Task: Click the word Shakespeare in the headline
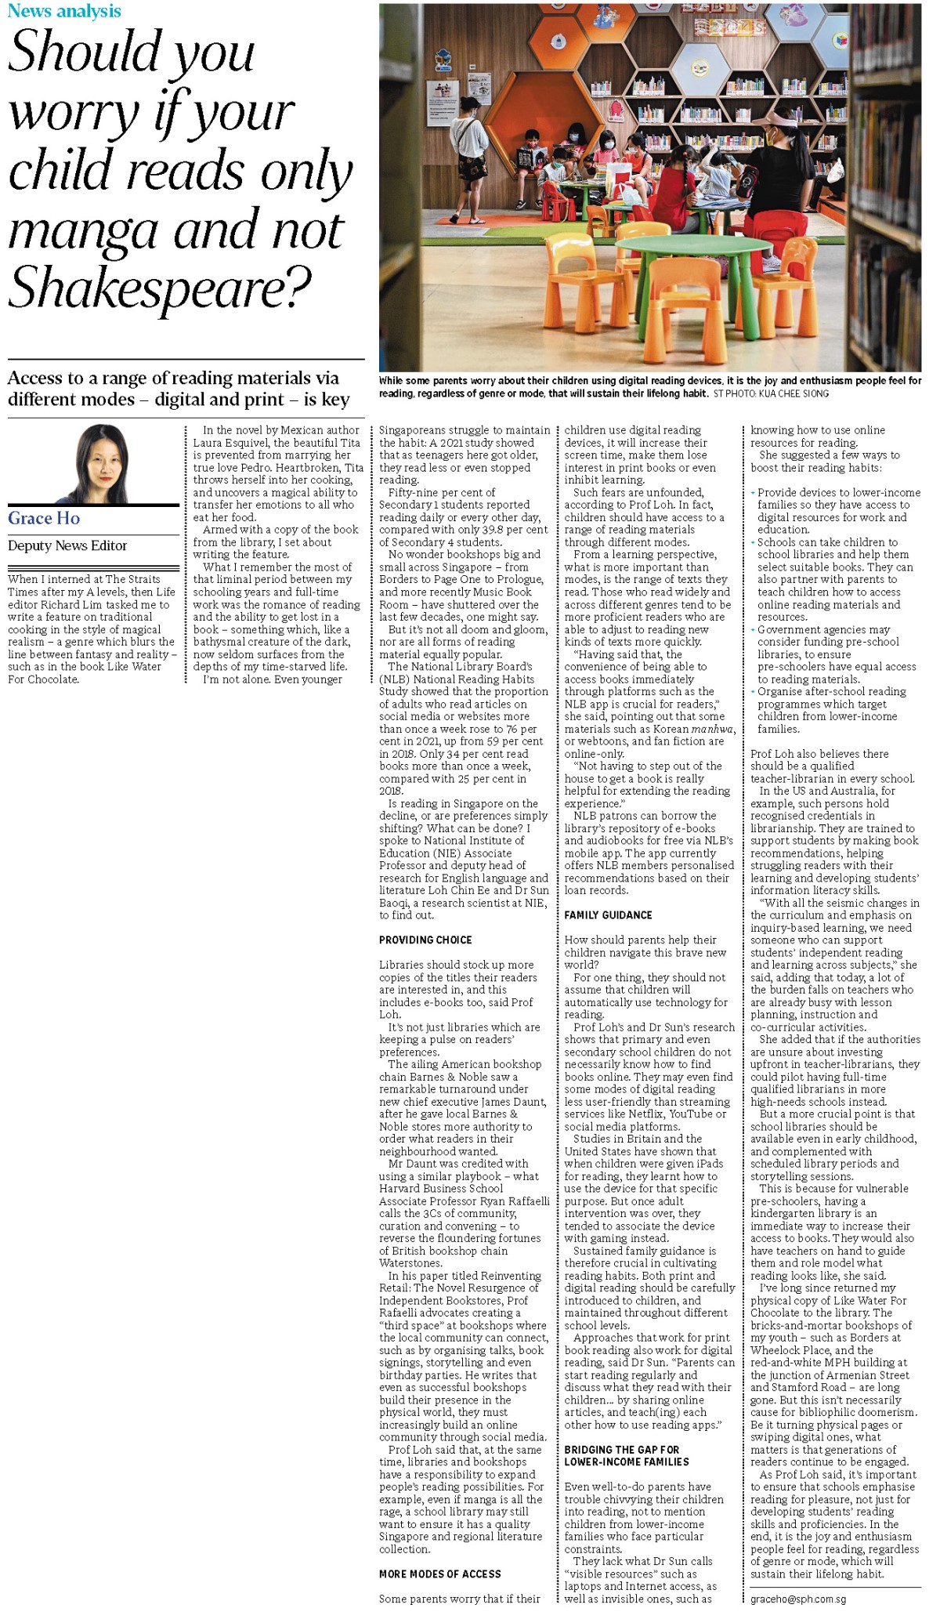[x=149, y=288]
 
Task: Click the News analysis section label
[x=64, y=11]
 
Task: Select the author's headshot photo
[x=101, y=464]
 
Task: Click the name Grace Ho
[x=44, y=518]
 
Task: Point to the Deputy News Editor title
[x=67, y=545]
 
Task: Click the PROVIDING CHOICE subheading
[x=425, y=940]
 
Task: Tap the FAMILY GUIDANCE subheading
[x=608, y=915]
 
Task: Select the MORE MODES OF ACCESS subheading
[x=439, y=1574]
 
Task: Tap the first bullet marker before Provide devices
[x=753, y=493]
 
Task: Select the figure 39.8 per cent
[x=515, y=530]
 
